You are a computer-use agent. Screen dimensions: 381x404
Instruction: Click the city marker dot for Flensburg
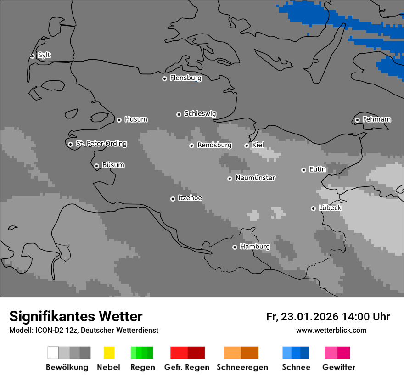click(x=164, y=78)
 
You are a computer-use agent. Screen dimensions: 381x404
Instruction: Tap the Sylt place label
click(x=44, y=55)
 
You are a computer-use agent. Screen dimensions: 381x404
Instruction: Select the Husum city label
click(x=136, y=119)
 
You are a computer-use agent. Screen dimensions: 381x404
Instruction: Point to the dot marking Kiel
click(x=247, y=146)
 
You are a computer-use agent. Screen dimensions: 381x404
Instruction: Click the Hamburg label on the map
click(x=255, y=247)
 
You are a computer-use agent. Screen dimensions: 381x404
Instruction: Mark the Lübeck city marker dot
click(x=313, y=208)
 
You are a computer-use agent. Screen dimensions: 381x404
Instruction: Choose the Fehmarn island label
click(x=376, y=119)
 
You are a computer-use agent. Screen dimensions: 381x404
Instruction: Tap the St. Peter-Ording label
click(x=101, y=144)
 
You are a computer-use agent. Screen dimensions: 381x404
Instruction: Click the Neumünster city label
click(x=255, y=178)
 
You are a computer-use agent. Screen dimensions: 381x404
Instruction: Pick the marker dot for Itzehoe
click(x=173, y=199)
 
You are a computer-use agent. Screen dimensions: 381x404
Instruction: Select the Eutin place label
click(x=317, y=169)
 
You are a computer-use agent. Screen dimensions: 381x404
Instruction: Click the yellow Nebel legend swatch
click(x=109, y=353)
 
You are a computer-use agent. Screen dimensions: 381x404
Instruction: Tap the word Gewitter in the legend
click(x=339, y=367)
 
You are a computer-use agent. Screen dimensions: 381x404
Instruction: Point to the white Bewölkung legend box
click(x=53, y=353)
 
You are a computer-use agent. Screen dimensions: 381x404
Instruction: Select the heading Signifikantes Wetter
click(x=76, y=316)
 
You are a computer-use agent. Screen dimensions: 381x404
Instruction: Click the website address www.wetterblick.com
click(x=331, y=330)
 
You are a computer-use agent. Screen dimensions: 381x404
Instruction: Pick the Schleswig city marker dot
click(x=179, y=114)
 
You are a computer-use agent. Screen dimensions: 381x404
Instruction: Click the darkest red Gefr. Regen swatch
click(x=196, y=353)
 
